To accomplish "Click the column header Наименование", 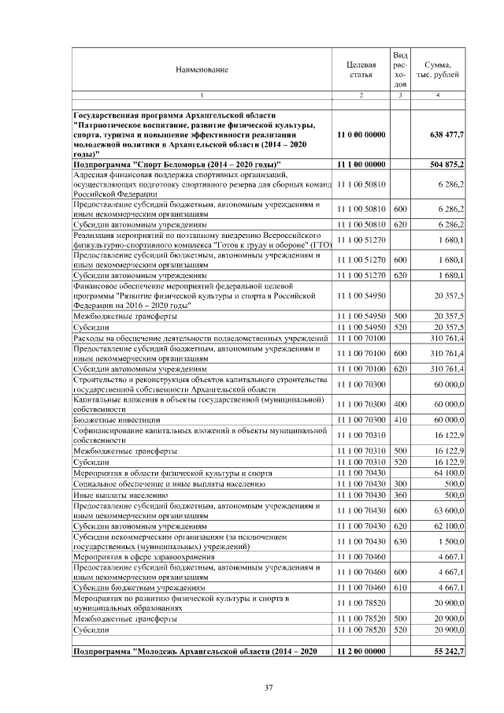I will pos(202,69).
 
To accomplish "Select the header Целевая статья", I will pos(361,69).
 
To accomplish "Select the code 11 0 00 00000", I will pos(361,135).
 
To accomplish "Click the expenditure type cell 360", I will pos(400,495).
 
